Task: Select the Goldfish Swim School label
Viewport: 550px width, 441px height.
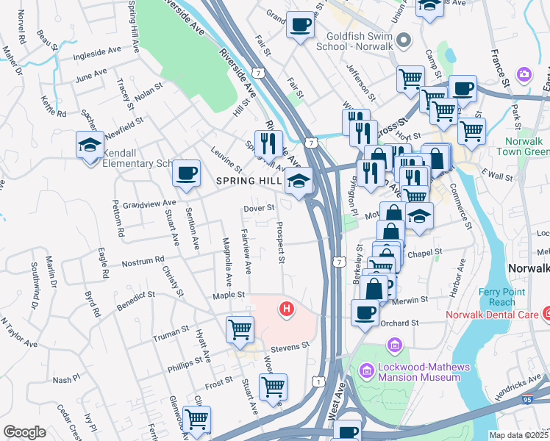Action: (357, 39)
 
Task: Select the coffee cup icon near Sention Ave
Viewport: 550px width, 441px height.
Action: (186, 173)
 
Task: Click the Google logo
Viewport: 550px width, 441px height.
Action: (25, 432)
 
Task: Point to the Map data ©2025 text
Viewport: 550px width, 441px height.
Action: (519, 435)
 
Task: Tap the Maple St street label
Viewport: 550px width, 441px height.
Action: (228, 295)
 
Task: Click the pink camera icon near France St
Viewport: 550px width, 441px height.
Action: (524, 74)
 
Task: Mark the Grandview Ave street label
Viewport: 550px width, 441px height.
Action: (149, 203)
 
